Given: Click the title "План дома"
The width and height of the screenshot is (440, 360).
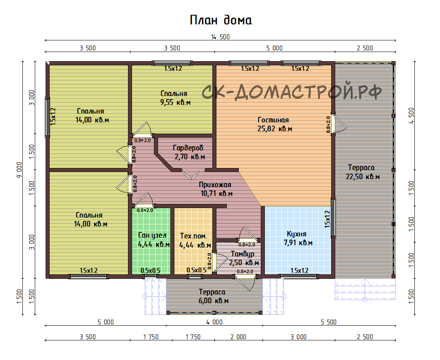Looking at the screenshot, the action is (x=221, y=20).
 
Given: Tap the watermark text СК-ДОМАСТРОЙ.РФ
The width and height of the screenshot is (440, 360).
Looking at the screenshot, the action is (x=292, y=90).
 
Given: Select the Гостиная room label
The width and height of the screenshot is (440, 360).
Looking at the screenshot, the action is (x=273, y=120).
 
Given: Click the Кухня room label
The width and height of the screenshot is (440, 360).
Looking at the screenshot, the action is (x=296, y=234).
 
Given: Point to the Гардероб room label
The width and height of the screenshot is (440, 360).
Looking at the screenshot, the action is (x=188, y=148).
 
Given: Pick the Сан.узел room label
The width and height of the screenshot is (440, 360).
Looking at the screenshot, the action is (x=152, y=236).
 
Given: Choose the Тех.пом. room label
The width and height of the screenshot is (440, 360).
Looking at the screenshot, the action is (x=193, y=236).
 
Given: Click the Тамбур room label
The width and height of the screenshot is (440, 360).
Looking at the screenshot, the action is (x=243, y=254).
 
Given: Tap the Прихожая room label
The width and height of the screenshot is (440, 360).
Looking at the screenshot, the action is (x=215, y=185).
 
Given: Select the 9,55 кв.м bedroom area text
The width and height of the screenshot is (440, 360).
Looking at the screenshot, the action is (x=175, y=102).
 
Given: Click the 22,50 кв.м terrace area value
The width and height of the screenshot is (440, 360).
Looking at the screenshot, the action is (x=362, y=177).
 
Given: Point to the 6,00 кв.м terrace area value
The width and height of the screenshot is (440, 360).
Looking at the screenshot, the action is (x=214, y=301).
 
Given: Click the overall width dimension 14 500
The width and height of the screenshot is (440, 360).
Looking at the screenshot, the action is (x=220, y=37).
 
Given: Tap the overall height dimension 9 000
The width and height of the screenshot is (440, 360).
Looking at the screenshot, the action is (x=19, y=170).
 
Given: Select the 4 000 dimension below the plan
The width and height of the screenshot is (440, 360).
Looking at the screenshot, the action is (x=214, y=322).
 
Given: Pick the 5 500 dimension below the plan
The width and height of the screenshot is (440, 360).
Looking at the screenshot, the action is (x=328, y=322).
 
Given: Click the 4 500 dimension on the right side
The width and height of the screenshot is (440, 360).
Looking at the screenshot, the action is (x=411, y=116).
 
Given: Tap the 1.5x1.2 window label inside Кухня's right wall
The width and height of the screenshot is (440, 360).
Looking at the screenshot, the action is (x=327, y=219).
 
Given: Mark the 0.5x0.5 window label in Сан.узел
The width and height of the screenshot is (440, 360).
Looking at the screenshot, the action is (x=150, y=270).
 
